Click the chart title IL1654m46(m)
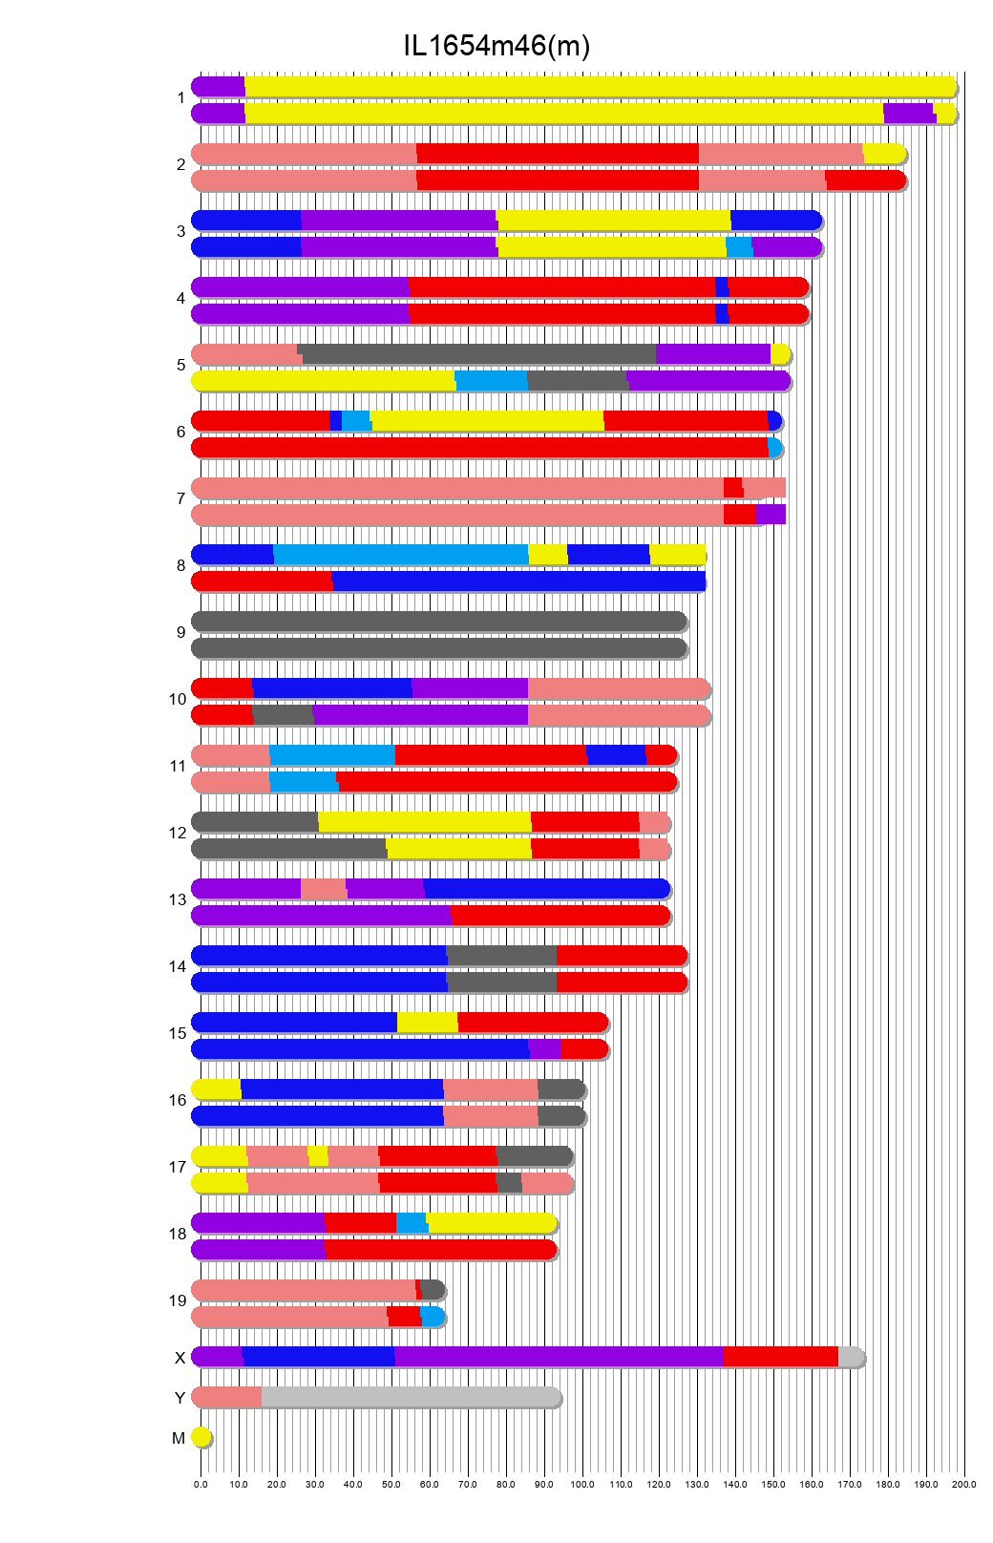[496, 45]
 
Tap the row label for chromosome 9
[180, 632]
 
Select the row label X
[180, 1358]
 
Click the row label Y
[180, 1398]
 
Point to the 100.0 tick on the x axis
[582, 1484]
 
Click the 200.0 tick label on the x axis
[963, 1484]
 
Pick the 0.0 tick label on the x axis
[201, 1484]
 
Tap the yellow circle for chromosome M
[201, 1437]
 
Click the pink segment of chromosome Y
[227, 1397]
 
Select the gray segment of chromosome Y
[411, 1397]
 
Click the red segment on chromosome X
[780, 1356]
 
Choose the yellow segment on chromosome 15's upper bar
[427, 1022]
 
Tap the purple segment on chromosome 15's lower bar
[544, 1048]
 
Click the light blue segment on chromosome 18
[412, 1222]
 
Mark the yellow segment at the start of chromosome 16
[217, 1089]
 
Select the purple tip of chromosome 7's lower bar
[771, 514]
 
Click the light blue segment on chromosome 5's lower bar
[491, 380]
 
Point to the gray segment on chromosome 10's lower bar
[283, 714]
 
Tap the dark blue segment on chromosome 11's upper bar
[615, 754]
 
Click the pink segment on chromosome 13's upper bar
[323, 888]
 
